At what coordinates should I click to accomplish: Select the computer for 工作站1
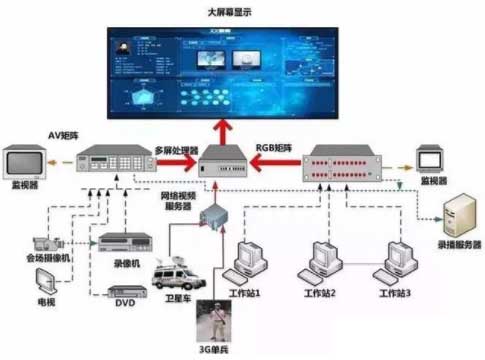246,263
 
